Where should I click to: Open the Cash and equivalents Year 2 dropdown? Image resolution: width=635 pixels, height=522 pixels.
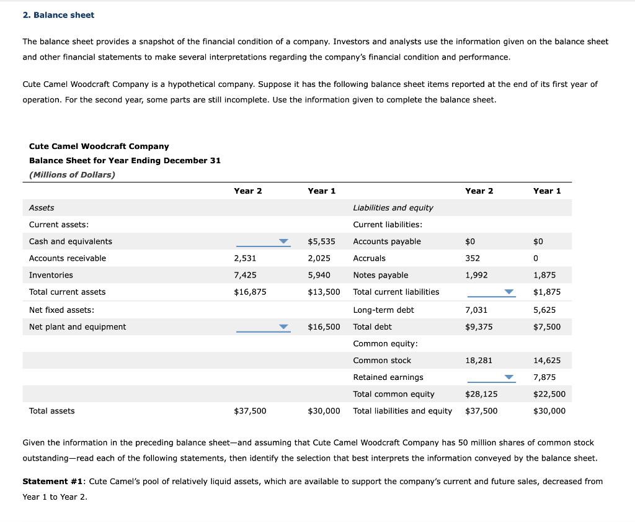[263, 241]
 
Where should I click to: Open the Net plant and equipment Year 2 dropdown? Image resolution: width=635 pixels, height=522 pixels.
[263, 327]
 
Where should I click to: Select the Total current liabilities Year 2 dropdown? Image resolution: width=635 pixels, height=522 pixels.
[491, 292]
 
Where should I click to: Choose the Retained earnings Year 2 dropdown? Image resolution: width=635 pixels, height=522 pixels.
[491, 377]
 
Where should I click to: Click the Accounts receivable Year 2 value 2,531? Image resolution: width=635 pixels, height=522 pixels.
[244, 258]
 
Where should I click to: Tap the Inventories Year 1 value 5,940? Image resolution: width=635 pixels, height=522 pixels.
[319, 275]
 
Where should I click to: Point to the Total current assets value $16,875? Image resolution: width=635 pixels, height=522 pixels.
[250, 292]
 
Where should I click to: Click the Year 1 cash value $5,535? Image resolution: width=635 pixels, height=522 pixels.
[321, 241]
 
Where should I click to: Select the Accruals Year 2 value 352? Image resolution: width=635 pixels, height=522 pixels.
[473, 258]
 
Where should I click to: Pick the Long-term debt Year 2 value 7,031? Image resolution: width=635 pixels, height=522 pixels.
[476, 310]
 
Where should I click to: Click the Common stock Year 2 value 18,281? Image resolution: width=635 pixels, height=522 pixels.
[479, 361]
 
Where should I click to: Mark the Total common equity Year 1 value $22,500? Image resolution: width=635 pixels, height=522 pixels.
[549, 394]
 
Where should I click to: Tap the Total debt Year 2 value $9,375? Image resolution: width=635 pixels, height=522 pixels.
[478, 326]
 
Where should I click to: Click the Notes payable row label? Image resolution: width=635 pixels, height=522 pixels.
[380, 275]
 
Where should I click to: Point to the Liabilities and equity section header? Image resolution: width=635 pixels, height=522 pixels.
[393, 208]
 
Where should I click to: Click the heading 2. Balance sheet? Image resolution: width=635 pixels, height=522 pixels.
[58, 15]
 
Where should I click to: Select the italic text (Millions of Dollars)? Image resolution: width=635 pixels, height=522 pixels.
[72, 174]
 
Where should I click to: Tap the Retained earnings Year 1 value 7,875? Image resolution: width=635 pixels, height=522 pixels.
[544, 377]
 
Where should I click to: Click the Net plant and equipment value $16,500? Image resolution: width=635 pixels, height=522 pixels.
[324, 326]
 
